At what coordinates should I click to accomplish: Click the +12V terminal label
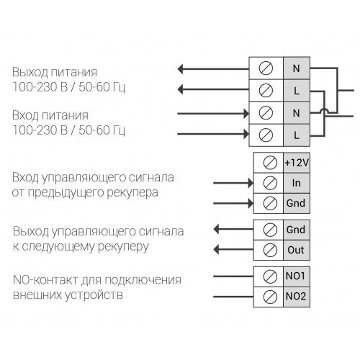[x=297, y=163]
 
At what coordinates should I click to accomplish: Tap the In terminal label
[x=297, y=183]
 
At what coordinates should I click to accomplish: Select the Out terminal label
[x=296, y=250]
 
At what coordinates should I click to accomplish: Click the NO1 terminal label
[x=295, y=276]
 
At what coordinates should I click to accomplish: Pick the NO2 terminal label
[x=296, y=296]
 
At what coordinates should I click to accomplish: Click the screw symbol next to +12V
[x=270, y=163]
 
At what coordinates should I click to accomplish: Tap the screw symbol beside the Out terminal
[x=270, y=250]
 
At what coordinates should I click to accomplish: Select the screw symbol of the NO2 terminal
[x=270, y=297]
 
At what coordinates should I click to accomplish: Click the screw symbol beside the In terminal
[x=270, y=183]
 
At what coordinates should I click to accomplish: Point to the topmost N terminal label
[x=297, y=68]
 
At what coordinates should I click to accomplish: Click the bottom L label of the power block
[x=297, y=135]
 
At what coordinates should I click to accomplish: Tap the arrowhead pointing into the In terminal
[x=251, y=183]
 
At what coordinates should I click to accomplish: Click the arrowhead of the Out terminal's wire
[x=216, y=250]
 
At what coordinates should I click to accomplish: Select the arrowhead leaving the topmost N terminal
[x=180, y=69]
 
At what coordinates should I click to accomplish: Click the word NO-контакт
[x=45, y=280]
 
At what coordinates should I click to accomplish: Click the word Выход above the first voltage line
[x=30, y=72]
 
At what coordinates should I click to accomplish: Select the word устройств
[x=94, y=295]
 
